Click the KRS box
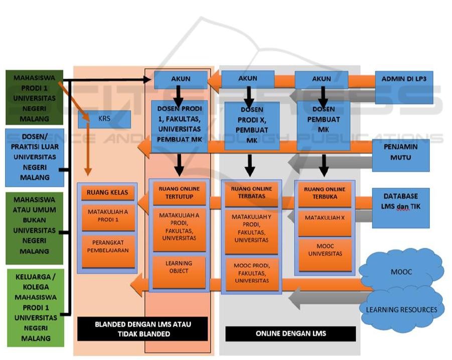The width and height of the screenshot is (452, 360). click(x=104, y=119)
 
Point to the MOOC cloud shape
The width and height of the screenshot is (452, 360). click(x=401, y=271)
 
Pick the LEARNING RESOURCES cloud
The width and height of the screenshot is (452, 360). click(x=401, y=309)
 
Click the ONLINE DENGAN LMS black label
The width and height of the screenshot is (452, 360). click(x=290, y=333)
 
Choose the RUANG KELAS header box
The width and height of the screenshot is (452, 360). click(x=107, y=192)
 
